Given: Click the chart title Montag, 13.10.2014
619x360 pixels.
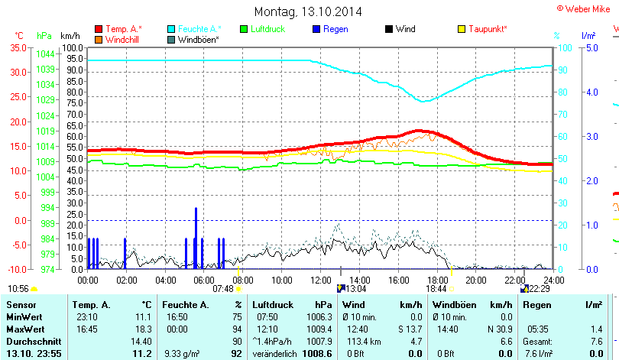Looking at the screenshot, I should [x=308, y=11].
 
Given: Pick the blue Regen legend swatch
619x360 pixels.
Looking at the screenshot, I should [x=317, y=29].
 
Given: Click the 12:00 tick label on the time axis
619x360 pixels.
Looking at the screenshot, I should [x=321, y=280].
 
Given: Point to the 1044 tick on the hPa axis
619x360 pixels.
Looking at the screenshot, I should [x=45, y=54].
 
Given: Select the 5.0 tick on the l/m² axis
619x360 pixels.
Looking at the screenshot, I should [x=591, y=47].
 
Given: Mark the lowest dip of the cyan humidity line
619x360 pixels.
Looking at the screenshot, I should [x=424, y=101].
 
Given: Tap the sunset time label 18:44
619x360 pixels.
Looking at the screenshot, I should [x=436, y=289].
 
